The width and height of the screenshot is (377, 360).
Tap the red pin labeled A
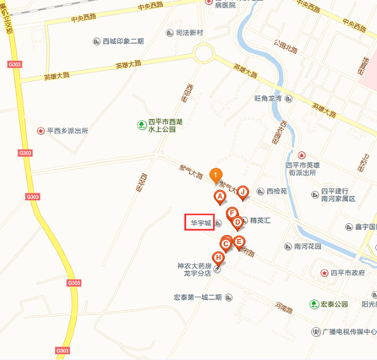220,197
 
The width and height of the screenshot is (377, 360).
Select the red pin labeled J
243,192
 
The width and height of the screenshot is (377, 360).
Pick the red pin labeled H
218,257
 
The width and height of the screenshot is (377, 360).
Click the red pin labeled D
238,222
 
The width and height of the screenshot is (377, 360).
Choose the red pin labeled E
239,241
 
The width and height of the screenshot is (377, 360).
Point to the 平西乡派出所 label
67,131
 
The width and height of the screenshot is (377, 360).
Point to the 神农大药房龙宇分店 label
195,270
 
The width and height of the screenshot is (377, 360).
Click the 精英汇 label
260,221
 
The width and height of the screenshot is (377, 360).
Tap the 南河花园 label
307,246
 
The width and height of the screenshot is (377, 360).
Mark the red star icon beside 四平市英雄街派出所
302,155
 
